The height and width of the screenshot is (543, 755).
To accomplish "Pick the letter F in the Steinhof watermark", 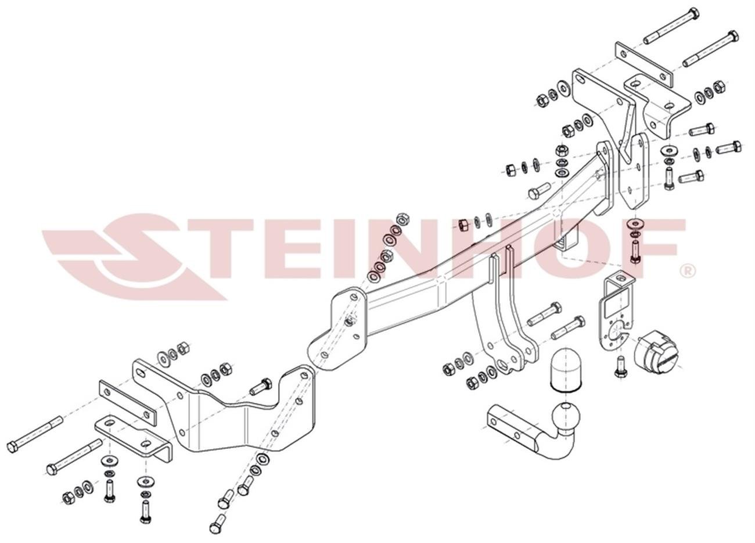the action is (x=656, y=248).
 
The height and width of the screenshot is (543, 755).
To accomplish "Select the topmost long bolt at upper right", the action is (x=671, y=26).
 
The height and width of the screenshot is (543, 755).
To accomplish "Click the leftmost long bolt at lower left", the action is (x=34, y=434).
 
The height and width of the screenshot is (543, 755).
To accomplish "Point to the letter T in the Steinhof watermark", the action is (x=221, y=249).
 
